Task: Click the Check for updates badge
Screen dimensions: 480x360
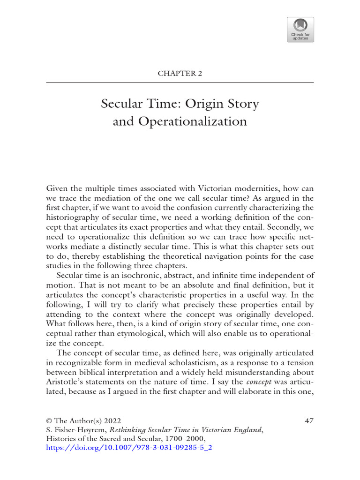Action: coord(300,30)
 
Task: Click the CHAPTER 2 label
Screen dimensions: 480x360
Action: coord(180,73)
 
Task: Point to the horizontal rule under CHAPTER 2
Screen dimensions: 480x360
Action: coord(180,83)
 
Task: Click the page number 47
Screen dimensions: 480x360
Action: coord(309,421)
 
